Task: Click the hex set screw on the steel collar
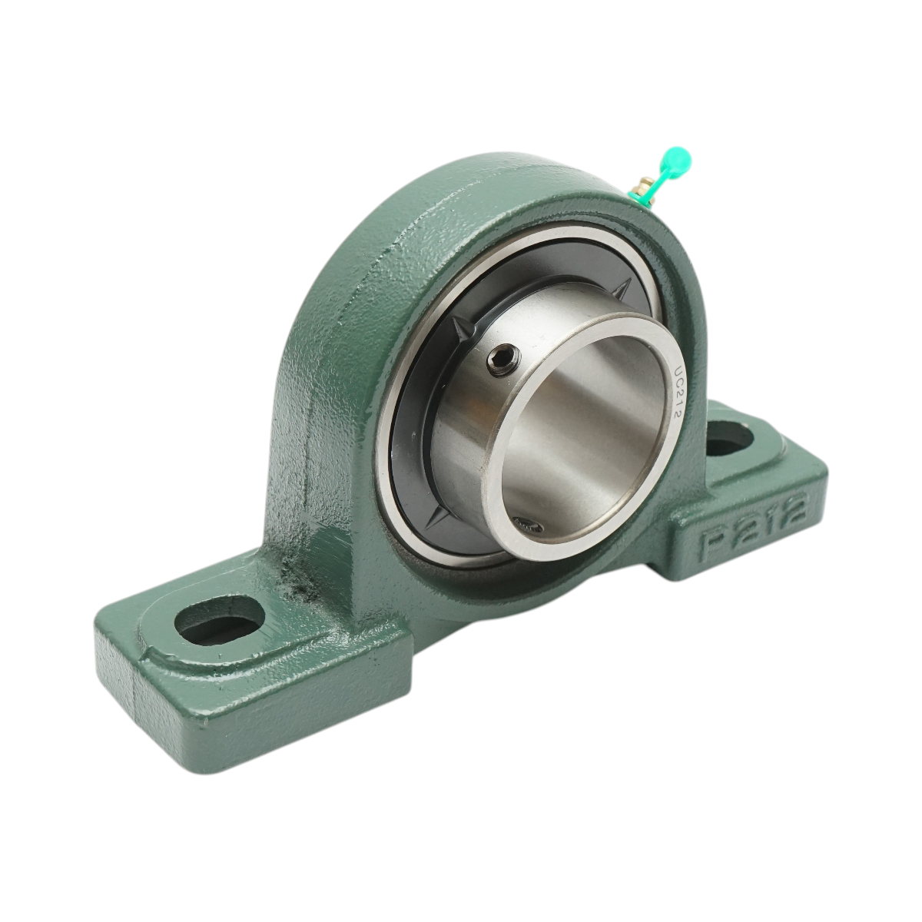tap(504, 359)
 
